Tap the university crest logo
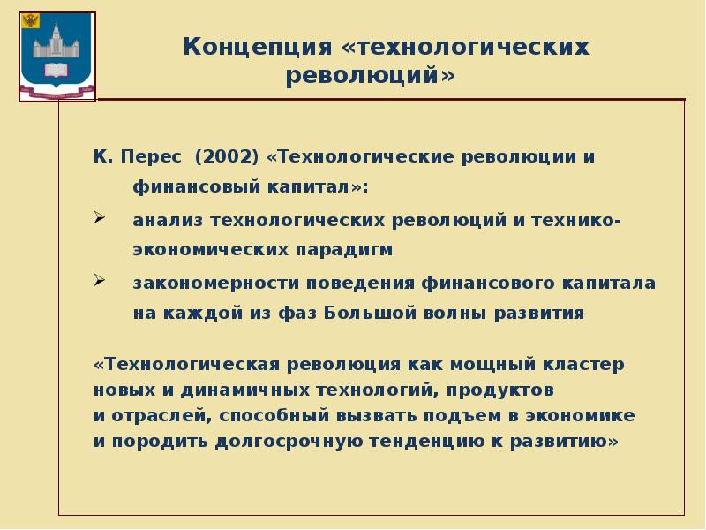(x=56, y=54)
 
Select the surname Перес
(x=150, y=157)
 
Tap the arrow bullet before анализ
(x=100, y=218)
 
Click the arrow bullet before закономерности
(x=100, y=281)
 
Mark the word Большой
(x=364, y=313)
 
